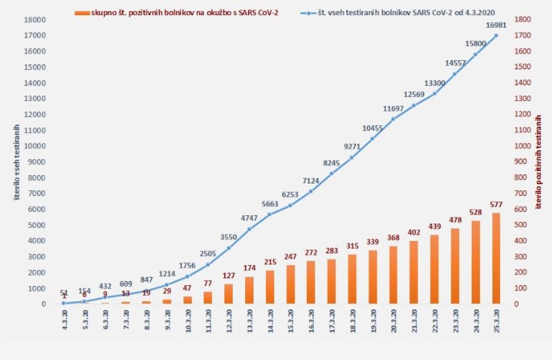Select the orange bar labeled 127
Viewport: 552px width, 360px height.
pos(229,294)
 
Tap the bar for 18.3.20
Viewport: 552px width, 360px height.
pos(352,279)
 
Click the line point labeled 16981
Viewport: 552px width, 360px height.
pos(496,35)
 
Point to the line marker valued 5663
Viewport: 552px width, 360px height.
pos(270,214)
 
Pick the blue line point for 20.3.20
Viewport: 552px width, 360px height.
pos(393,119)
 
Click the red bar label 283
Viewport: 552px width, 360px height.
pos(332,251)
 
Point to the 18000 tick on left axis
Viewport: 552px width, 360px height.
pos(35,19)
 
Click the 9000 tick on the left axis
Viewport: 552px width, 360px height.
pos(37,162)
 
